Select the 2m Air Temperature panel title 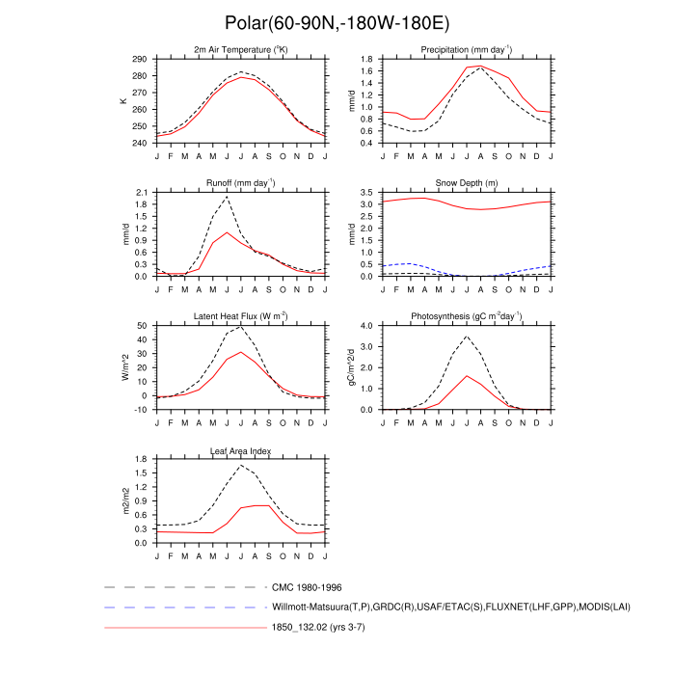pos(241,49)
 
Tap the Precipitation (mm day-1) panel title pos(466,49)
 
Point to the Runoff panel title pos(241,182)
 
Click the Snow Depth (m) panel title pos(466,182)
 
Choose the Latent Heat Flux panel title pos(241,316)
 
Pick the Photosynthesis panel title pos(466,316)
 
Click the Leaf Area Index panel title pos(241,450)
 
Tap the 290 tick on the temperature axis pos(139,60)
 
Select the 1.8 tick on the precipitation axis pos(365,60)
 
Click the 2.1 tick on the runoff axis pos(141,193)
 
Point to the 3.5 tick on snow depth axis pos(365,193)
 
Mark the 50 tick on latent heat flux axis pos(142,326)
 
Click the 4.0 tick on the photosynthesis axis pos(365,326)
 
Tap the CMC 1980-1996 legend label pos(307,586)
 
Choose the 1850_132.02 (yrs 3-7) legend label pos(319,628)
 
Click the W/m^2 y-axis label pos(124,367)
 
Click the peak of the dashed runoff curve pos(228,197)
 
